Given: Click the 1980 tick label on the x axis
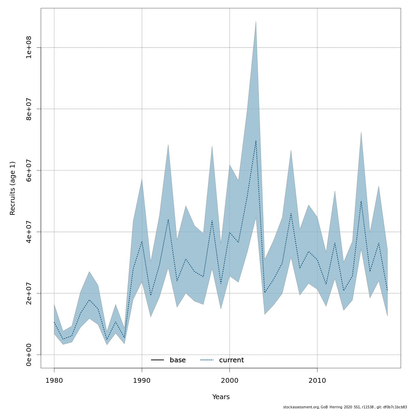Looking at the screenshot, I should pyautogui.click(x=54, y=380).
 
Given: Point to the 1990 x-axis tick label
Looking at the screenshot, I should pyautogui.click(x=142, y=380).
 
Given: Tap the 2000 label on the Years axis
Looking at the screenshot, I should pyautogui.click(x=229, y=380).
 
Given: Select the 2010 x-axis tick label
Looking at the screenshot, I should pyautogui.click(x=317, y=380).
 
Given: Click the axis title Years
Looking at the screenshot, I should pyautogui.click(x=221, y=397).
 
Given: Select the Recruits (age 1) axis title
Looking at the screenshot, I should pyautogui.click(x=13, y=188).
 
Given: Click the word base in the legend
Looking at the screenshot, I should pyautogui.click(x=178, y=360).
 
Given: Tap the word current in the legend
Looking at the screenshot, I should pyautogui.click(x=231, y=360).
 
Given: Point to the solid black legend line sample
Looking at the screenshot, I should pyautogui.click(x=157, y=360).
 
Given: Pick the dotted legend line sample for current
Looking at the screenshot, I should pyautogui.click(x=207, y=360).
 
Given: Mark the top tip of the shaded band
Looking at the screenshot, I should pyautogui.click(x=256, y=22).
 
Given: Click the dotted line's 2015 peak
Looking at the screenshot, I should pyautogui.click(x=361, y=201).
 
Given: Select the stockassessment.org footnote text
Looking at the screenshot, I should pyautogui.click(x=345, y=407).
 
